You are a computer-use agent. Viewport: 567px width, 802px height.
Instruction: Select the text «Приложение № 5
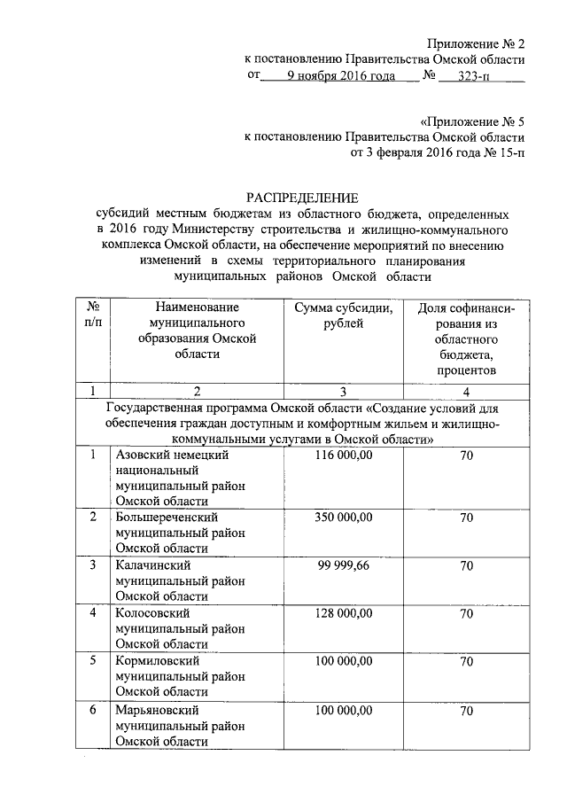pyautogui.click(x=471, y=121)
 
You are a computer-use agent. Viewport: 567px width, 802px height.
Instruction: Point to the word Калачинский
pyautogui.click(x=153, y=565)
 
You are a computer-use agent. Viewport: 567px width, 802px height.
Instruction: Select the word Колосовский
pyautogui.click(x=153, y=612)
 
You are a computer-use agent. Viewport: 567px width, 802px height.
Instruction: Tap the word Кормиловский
pyautogui.click(x=159, y=661)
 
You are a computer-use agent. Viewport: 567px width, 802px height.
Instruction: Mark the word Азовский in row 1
pyautogui.click(x=142, y=456)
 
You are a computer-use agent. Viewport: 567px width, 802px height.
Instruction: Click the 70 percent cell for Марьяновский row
pyautogui.click(x=466, y=711)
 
